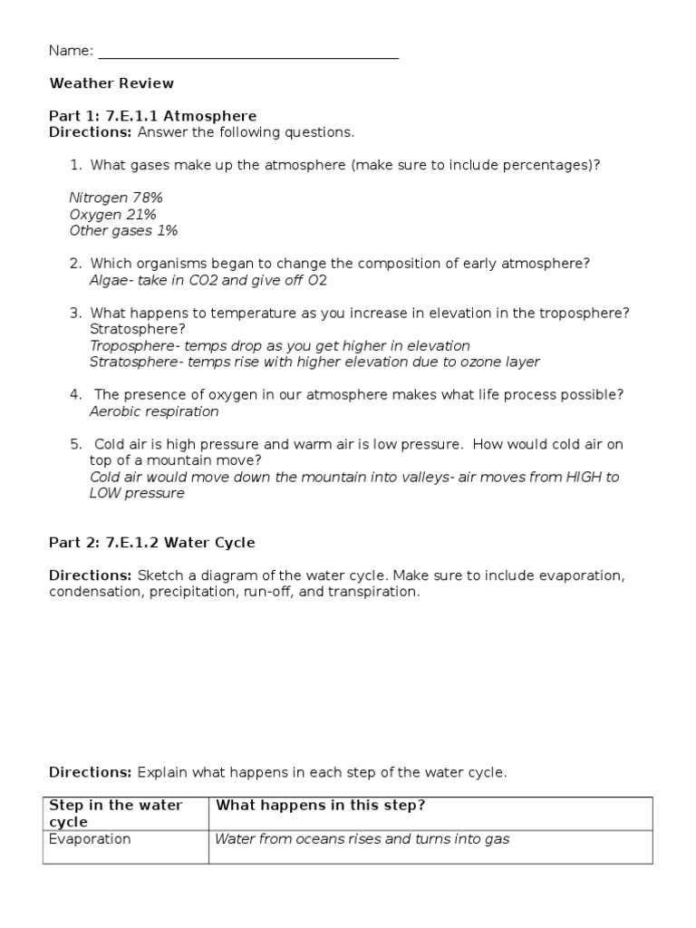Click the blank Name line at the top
point(247,53)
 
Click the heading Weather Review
point(111,83)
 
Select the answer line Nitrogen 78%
point(116,198)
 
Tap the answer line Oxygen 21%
point(112,214)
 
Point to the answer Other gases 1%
point(123,230)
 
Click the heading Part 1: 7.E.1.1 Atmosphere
point(152,116)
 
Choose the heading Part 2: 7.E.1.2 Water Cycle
point(151,543)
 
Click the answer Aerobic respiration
point(154,411)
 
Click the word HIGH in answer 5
point(580,477)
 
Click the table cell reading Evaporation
point(90,839)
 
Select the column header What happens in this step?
point(318,806)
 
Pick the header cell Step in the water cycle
point(115,813)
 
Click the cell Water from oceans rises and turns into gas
point(362,839)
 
